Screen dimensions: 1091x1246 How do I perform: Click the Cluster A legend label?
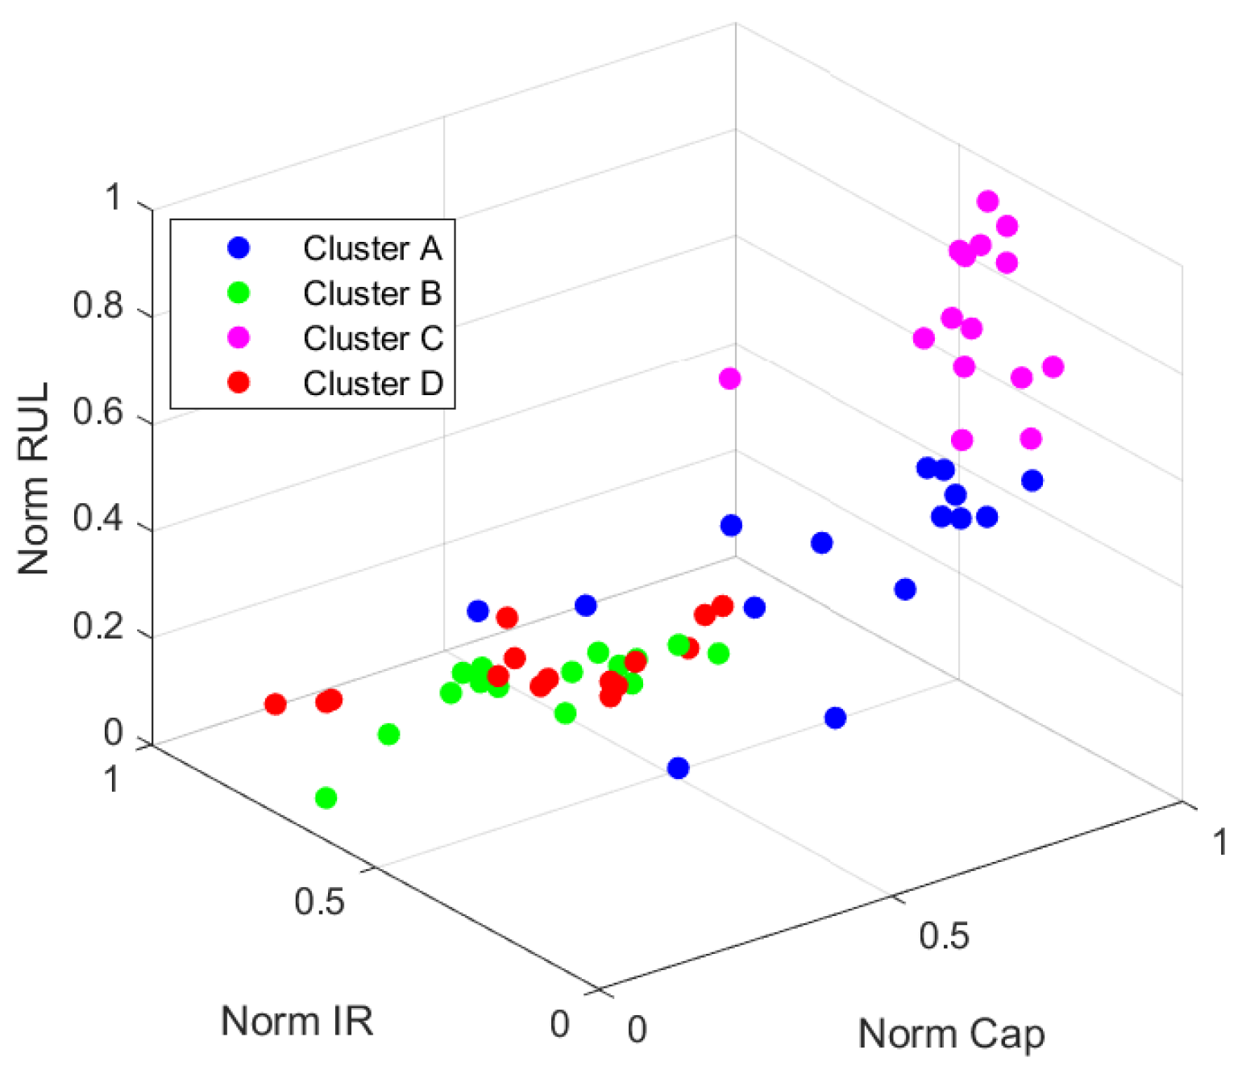(x=372, y=248)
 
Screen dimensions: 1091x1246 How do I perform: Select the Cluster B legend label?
(x=372, y=294)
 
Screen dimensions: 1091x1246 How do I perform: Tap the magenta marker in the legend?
(x=239, y=338)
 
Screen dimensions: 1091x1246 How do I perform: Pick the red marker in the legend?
(x=239, y=382)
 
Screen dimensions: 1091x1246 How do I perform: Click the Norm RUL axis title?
(x=34, y=479)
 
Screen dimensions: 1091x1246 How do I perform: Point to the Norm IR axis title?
(x=297, y=1021)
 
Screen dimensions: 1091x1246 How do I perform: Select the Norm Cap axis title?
(x=951, y=1034)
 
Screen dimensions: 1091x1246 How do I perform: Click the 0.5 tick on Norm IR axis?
(x=319, y=901)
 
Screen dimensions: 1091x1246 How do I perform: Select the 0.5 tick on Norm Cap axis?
(x=945, y=935)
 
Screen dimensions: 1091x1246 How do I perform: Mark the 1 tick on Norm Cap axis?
(x=1220, y=843)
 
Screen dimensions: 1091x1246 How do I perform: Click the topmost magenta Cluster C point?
(x=987, y=201)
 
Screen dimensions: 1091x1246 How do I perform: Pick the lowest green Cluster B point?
(x=326, y=798)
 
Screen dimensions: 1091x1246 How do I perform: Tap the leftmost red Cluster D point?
(x=276, y=704)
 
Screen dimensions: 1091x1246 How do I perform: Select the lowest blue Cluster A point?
(x=679, y=768)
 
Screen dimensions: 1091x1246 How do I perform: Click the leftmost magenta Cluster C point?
(x=729, y=378)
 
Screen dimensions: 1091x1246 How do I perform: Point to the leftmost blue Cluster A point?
(x=478, y=611)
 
